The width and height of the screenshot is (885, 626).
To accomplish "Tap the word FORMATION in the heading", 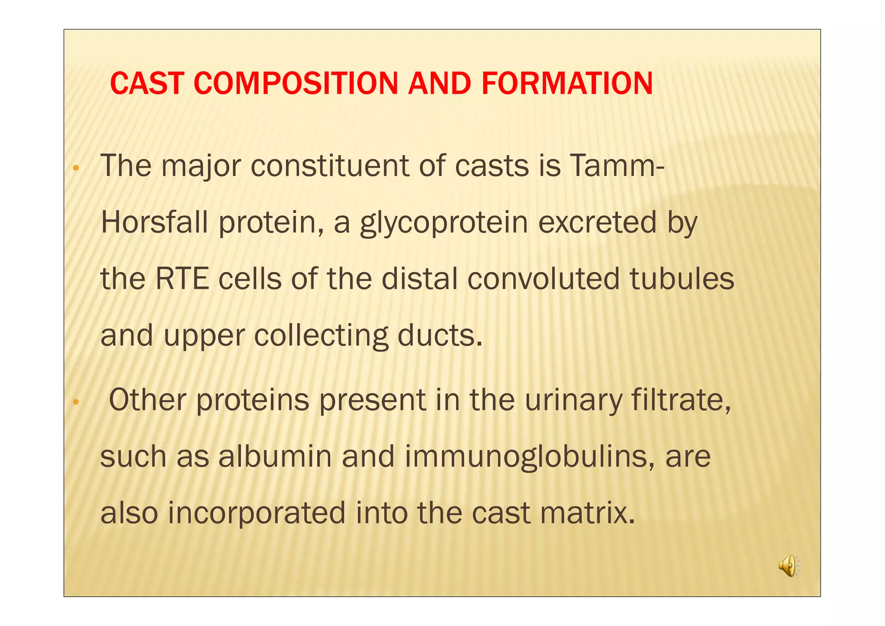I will (x=567, y=83).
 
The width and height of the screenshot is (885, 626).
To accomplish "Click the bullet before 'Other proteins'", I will (x=76, y=402).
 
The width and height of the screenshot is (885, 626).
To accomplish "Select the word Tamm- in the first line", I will (x=617, y=166).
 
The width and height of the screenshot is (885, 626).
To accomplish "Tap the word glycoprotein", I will (x=444, y=223).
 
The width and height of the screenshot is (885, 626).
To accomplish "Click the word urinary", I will (x=573, y=400).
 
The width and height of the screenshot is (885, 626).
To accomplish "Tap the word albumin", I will (x=275, y=457).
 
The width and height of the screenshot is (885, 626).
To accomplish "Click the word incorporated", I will (x=257, y=513).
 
